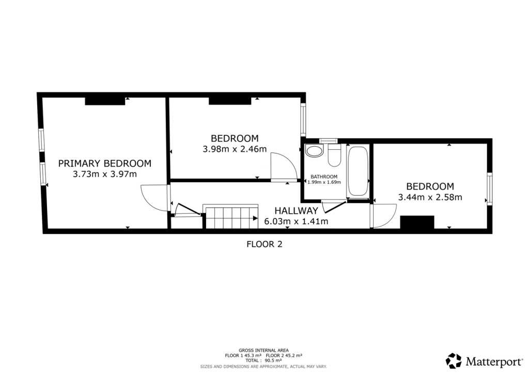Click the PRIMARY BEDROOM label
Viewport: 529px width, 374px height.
(104, 163)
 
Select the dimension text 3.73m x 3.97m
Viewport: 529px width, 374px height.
(104, 174)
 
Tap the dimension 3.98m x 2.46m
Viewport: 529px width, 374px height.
(235, 150)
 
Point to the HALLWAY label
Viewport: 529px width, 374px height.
(296, 211)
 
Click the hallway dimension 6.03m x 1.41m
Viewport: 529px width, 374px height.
(296, 222)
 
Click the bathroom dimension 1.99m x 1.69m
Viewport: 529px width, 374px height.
(324, 182)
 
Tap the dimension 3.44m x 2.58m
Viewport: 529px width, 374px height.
(430, 197)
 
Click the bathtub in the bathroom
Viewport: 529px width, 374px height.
(357, 172)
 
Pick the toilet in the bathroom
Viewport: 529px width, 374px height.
(334, 155)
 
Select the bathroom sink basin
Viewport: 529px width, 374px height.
(314, 152)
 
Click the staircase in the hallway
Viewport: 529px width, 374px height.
(231, 217)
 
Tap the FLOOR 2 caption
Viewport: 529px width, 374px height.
(264, 245)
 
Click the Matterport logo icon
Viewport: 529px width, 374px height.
(454, 360)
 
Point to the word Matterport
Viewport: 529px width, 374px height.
(491, 361)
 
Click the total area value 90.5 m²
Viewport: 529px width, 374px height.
(275, 361)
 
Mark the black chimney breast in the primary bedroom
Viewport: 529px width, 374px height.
(105, 101)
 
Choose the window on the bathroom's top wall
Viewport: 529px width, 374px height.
(328, 141)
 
